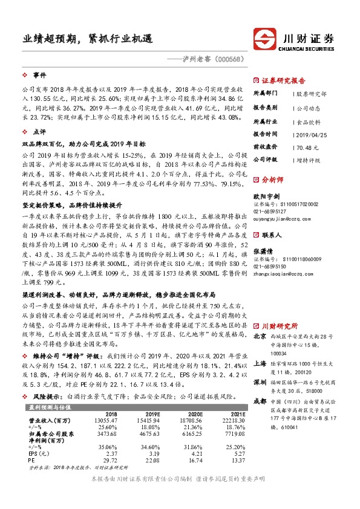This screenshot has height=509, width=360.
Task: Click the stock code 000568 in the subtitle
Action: (x=230, y=59)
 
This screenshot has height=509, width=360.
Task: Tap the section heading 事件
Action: (x=39, y=75)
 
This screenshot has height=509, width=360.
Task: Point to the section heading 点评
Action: (x=39, y=131)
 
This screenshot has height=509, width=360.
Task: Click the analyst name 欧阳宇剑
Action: (x=266, y=196)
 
